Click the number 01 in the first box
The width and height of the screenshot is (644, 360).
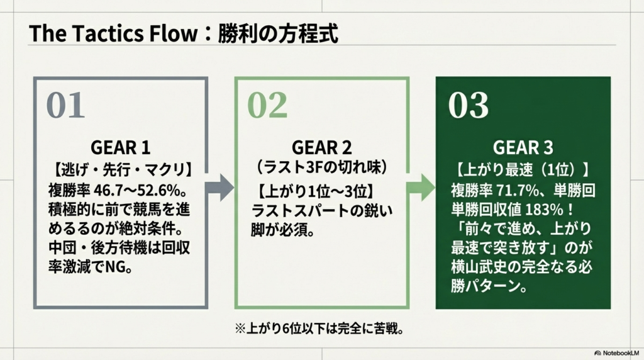65,106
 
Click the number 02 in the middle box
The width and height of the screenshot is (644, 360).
267,106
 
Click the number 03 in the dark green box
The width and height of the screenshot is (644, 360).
469,106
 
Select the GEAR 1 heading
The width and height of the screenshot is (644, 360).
121,148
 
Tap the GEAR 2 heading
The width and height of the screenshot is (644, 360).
322,148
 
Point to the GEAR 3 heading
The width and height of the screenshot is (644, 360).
523,148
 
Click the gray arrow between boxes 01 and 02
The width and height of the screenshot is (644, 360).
219,188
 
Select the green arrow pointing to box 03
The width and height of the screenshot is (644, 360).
420,188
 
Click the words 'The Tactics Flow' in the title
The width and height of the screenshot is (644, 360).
112,34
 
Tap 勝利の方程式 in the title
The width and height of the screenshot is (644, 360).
278,34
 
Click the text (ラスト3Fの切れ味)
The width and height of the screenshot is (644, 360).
322,169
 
